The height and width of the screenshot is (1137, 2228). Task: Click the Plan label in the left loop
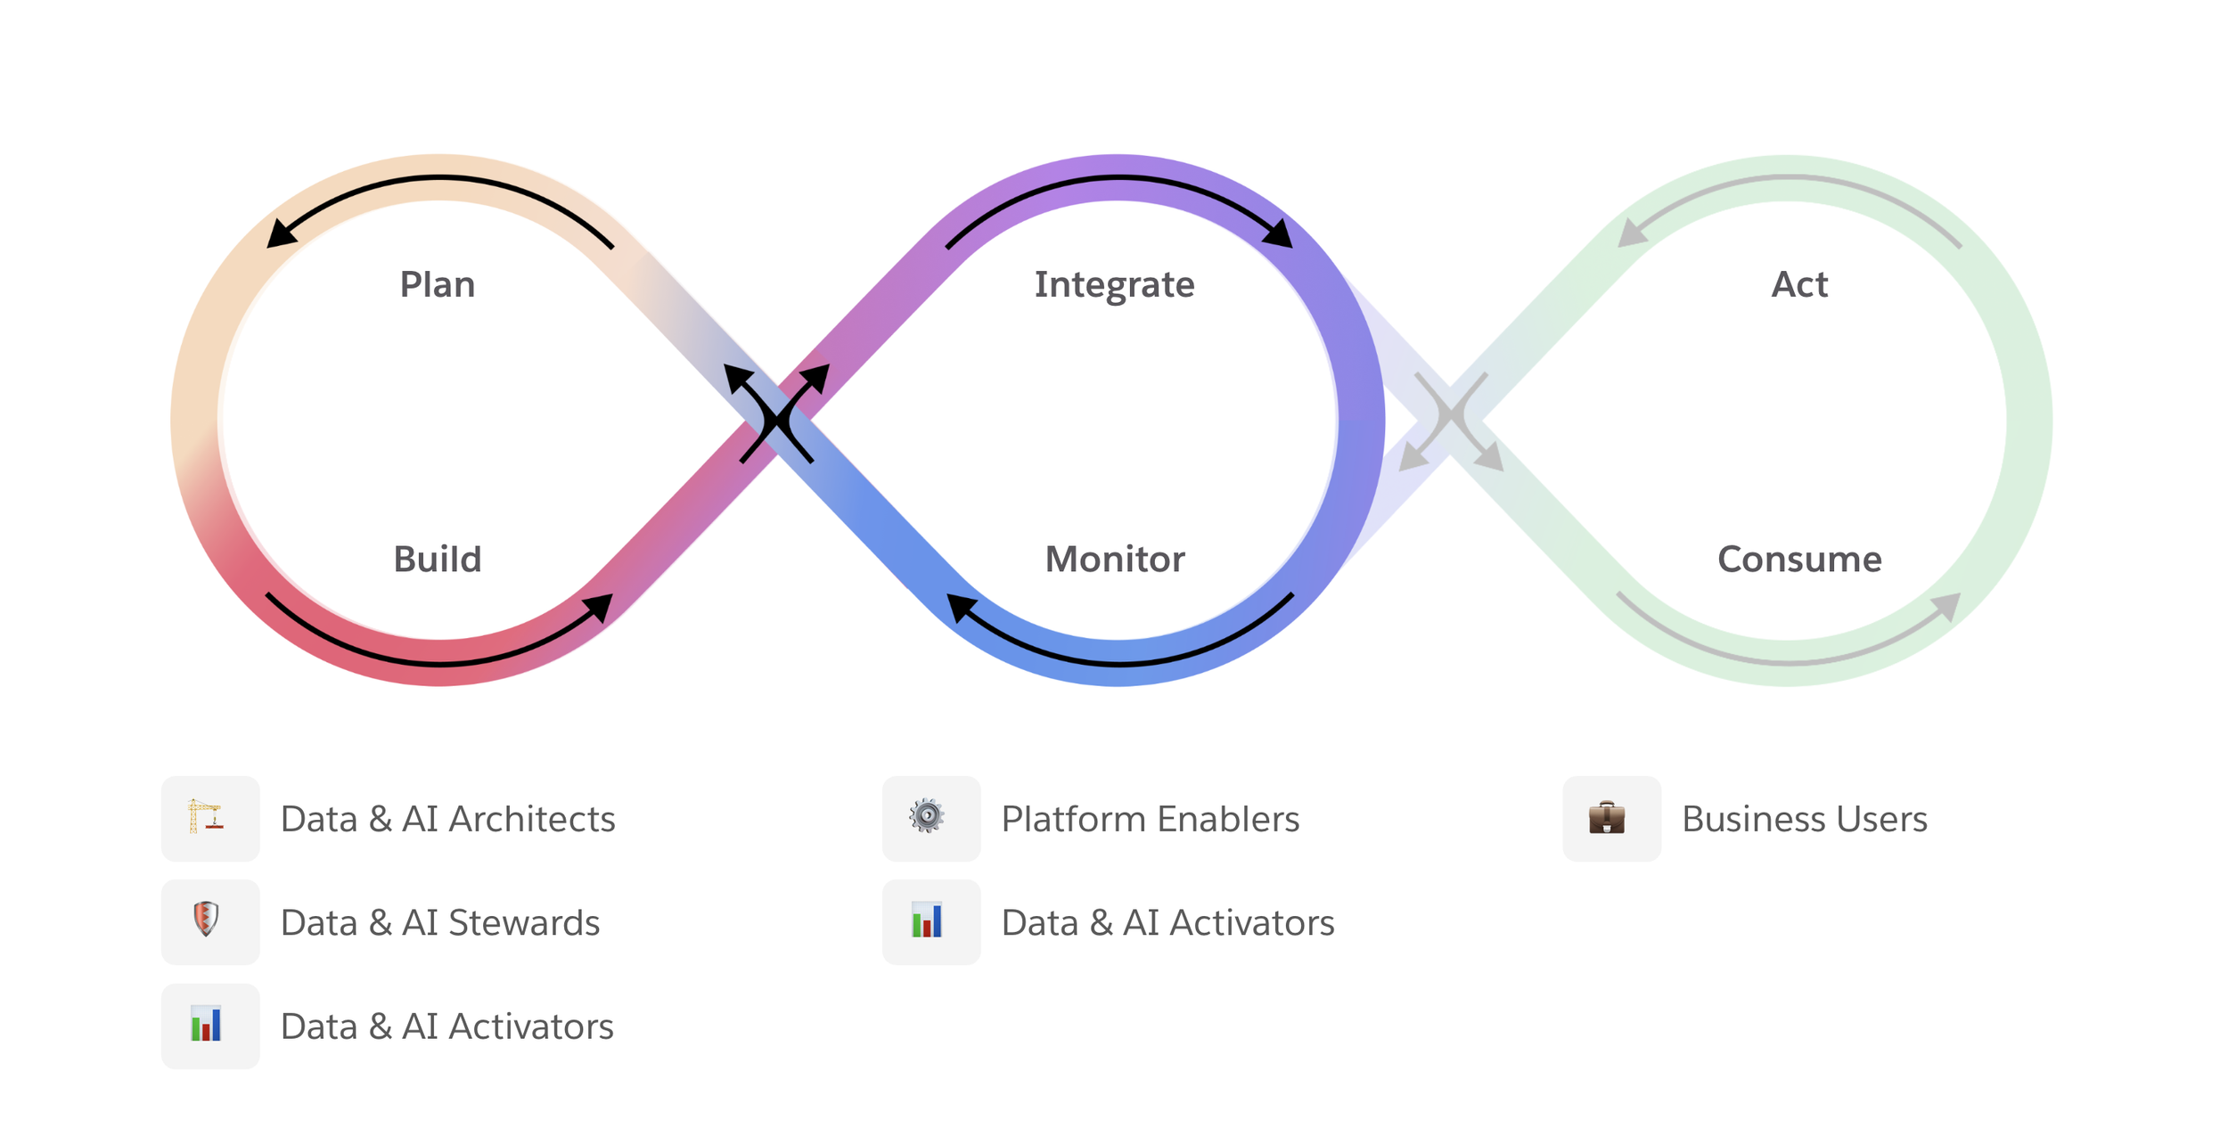pyautogui.click(x=437, y=285)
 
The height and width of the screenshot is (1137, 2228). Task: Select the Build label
pyautogui.click(x=437, y=560)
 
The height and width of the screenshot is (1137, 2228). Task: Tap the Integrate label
pyautogui.click(x=1114, y=285)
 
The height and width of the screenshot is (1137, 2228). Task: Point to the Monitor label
pyautogui.click(x=1115, y=560)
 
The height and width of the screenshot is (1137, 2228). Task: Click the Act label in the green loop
pyautogui.click(x=1799, y=285)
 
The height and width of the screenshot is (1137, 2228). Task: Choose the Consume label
pyautogui.click(x=1799, y=560)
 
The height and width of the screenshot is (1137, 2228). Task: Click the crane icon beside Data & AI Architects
pyautogui.click(x=206, y=817)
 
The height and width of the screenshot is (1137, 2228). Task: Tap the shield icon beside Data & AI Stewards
pyautogui.click(x=206, y=919)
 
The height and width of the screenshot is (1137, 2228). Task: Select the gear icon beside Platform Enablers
pyautogui.click(x=927, y=815)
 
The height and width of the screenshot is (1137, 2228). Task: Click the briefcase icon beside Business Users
pyautogui.click(x=1607, y=817)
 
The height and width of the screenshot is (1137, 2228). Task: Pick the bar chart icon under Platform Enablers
pyautogui.click(x=927, y=920)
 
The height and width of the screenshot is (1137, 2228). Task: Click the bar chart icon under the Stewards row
pyautogui.click(x=206, y=1024)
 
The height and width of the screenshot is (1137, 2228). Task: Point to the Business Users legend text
pyautogui.click(x=1804, y=819)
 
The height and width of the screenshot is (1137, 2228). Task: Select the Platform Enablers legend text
pyautogui.click(x=1150, y=819)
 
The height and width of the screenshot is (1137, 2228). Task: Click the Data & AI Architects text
pyautogui.click(x=447, y=819)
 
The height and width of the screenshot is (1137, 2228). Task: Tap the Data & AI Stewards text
pyautogui.click(x=440, y=923)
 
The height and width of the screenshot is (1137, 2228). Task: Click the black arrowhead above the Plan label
pyautogui.click(x=281, y=234)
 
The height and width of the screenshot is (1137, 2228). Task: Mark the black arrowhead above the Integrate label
pyautogui.click(x=1279, y=233)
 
